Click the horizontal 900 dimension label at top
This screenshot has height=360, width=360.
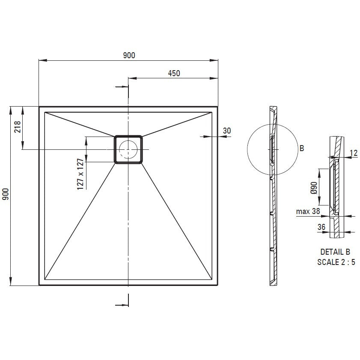point(129,55)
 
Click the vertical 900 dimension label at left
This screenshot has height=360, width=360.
point(5,194)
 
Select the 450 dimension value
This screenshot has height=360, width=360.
point(174,73)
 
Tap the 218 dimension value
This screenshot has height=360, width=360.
point(18,127)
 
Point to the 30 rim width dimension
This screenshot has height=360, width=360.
point(226,131)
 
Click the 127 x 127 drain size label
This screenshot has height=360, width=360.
point(80,174)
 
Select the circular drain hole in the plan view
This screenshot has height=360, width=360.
point(128,149)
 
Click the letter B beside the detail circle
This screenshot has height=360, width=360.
point(302,148)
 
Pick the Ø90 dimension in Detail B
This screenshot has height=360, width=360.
point(314,188)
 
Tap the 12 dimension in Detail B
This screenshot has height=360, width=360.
point(354,153)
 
